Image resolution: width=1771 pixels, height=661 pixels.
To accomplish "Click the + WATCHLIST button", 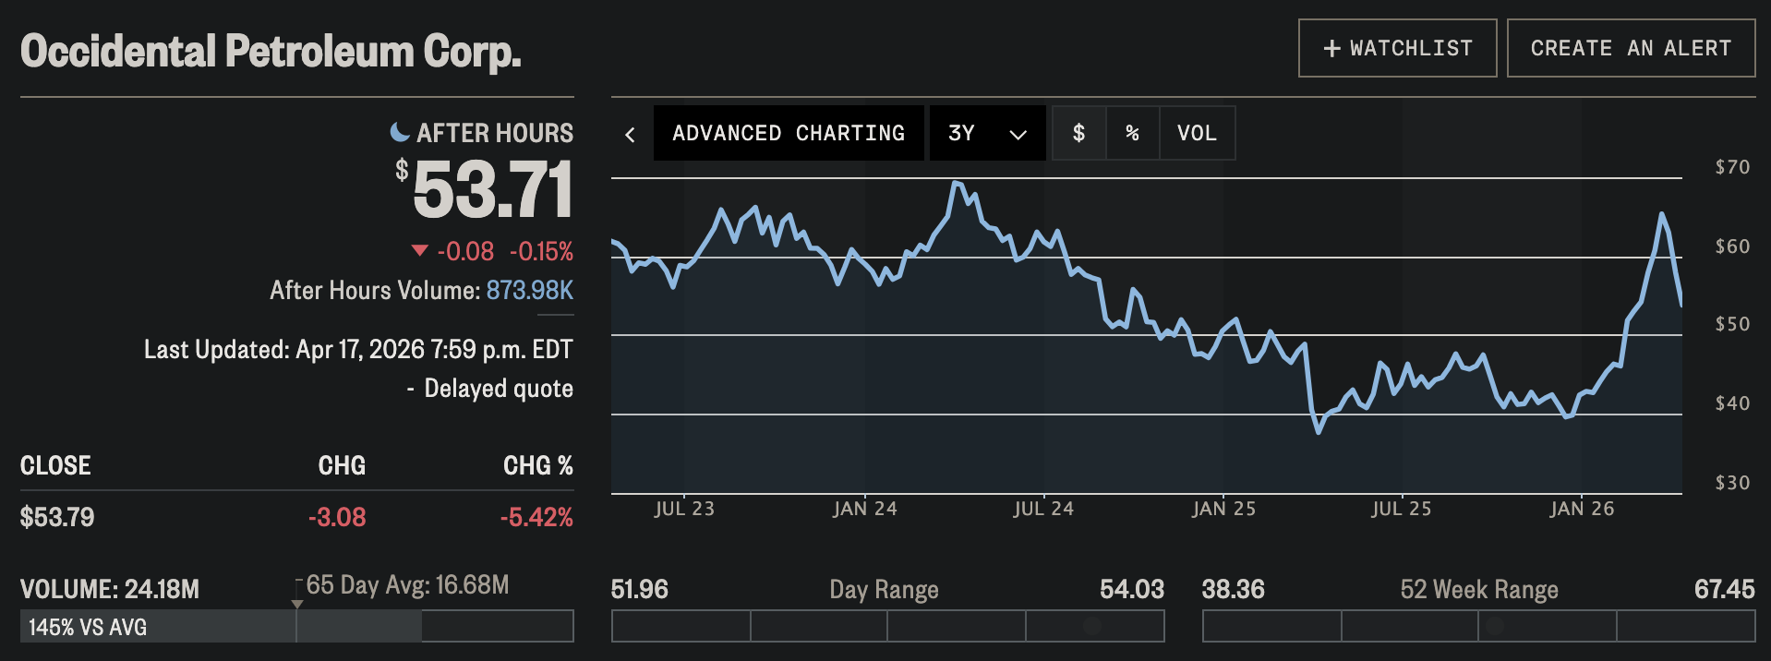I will (1397, 48).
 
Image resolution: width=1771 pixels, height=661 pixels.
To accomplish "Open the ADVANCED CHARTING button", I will (789, 133).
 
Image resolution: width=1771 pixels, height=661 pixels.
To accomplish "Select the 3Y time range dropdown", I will (987, 133).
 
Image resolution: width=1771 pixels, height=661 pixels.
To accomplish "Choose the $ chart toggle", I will (1078, 133).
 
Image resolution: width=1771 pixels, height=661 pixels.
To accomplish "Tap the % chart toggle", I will (1132, 133).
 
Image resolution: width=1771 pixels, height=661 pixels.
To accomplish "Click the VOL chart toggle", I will (1197, 133).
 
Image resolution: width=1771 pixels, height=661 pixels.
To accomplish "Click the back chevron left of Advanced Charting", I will (631, 135).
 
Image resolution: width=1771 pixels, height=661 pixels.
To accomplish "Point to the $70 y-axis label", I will (1732, 167).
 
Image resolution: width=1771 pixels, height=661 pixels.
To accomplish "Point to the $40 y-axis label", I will (1732, 403).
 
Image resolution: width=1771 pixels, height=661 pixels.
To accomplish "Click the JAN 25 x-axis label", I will (1223, 509).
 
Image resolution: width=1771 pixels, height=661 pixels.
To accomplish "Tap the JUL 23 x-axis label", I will (684, 509).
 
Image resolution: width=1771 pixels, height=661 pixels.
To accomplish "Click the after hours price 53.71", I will (492, 190).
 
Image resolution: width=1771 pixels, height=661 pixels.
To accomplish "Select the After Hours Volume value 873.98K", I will (529, 291).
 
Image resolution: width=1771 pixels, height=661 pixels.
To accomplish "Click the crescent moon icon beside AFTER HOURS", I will (400, 132).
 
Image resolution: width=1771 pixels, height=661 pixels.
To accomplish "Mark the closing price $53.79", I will (57, 517).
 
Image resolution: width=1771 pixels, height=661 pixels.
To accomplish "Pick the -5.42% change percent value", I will (536, 517).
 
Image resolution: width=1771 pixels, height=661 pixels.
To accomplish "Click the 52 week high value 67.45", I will (1724, 589).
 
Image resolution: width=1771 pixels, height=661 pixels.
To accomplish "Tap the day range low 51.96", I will (640, 589).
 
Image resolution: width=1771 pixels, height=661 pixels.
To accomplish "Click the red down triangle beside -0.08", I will (419, 250).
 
